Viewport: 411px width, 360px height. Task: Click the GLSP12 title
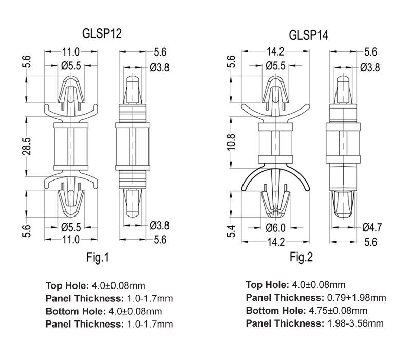tap(102, 33)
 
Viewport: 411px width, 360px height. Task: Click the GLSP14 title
tap(309, 35)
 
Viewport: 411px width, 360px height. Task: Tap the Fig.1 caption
tap(98, 258)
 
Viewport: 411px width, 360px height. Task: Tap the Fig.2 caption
tap(301, 257)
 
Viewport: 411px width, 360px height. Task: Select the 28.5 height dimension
tap(27, 146)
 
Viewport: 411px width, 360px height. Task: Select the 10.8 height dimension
tap(232, 142)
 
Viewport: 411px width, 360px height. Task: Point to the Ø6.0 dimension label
tap(275, 228)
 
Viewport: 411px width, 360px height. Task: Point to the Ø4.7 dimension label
tap(372, 227)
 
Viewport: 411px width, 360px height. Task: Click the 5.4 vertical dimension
tap(232, 231)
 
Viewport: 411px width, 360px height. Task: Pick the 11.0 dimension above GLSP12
tap(70, 52)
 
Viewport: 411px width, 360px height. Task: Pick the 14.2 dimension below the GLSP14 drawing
tap(275, 242)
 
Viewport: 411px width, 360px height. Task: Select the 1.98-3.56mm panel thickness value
tap(356, 323)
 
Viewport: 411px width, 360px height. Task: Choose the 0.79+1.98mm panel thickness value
tap(357, 298)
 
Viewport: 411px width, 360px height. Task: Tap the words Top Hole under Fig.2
tap(267, 285)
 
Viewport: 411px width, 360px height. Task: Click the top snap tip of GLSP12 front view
tap(71, 77)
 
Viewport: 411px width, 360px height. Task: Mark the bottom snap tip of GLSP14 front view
tap(275, 217)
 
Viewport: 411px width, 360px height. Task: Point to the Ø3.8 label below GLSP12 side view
tap(159, 226)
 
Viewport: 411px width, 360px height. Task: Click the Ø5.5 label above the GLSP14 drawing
tap(275, 66)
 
